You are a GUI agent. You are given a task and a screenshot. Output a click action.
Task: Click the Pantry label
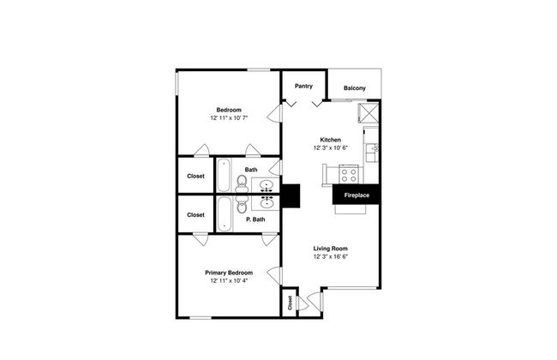(x=303, y=86)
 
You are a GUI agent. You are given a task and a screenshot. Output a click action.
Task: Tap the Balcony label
(x=354, y=88)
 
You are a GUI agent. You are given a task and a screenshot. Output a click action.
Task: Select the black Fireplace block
(x=356, y=195)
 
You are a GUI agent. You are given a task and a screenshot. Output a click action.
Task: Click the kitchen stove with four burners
(x=349, y=175)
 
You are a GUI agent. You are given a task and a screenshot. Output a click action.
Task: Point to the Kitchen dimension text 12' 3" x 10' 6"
(x=331, y=147)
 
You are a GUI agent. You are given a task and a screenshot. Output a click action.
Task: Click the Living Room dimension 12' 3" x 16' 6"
(x=331, y=256)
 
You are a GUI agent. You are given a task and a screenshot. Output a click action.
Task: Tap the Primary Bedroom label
(x=229, y=273)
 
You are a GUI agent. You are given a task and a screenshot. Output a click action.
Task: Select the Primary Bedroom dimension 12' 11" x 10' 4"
(x=229, y=281)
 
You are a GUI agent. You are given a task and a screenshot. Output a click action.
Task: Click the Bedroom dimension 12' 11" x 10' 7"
(x=229, y=117)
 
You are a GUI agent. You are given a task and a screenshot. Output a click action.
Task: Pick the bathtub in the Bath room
(x=224, y=175)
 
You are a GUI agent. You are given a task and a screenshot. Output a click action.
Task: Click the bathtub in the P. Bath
(x=224, y=214)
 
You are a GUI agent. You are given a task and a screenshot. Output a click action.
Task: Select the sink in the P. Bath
(x=267, y=203)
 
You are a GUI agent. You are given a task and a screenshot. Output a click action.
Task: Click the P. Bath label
(x=255, y=219)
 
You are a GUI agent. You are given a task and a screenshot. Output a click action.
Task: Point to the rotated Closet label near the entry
(x=290, y=303)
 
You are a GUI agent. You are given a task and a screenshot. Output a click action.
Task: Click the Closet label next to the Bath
(x=195, y=176)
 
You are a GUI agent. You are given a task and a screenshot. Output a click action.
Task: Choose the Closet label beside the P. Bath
(x=195, y=214)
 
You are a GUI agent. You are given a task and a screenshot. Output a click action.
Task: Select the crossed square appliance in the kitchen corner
(x=368, y=113)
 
